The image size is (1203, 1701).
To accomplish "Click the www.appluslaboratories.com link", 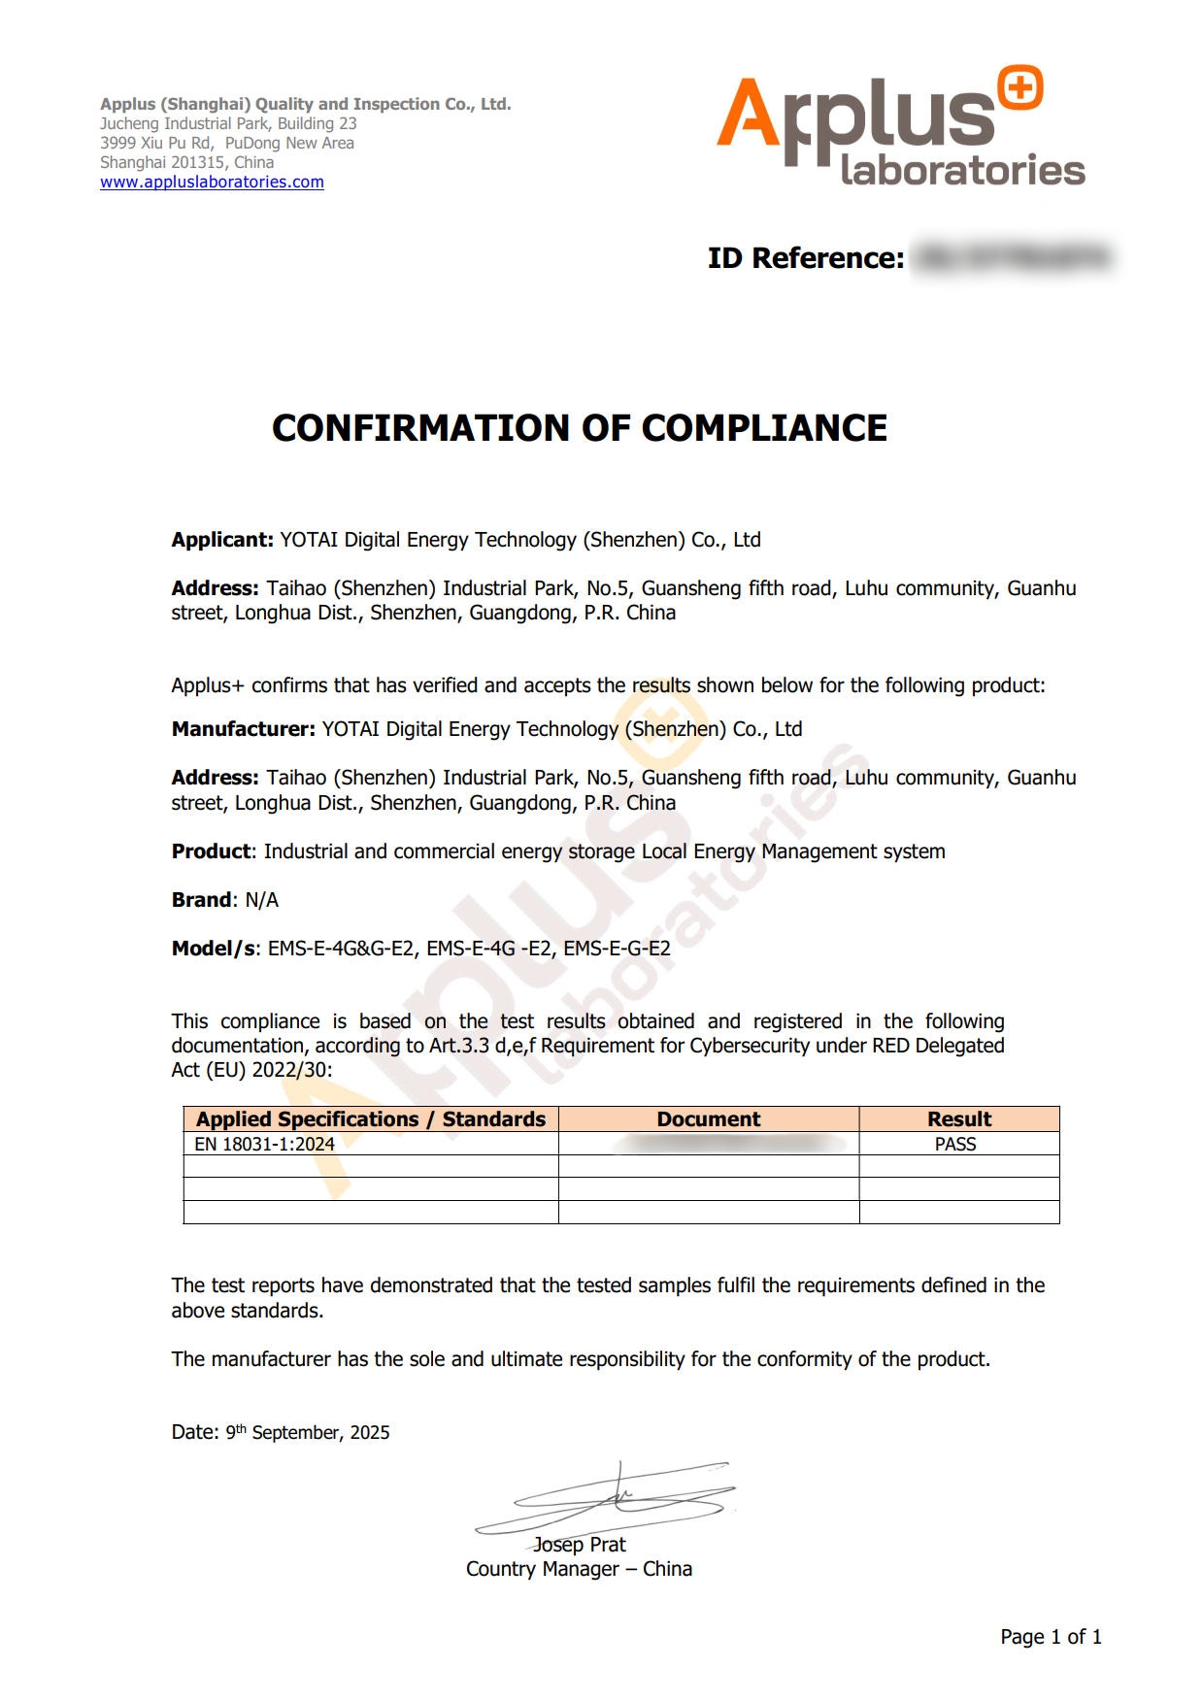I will (x=212, y=182).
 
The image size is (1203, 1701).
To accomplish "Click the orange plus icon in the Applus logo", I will (x=1019, y=89).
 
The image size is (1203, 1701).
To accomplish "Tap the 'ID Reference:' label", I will (x=806, y=258).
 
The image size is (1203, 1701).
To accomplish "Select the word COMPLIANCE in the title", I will (x=764, y=428).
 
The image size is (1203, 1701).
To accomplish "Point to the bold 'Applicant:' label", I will (x=222, y=540).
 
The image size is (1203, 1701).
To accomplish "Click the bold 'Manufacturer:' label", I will (x=243, y=729).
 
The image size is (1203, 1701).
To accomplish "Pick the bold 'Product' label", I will (x=211, y=851).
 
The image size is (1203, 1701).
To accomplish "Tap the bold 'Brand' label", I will (x=201, y=900).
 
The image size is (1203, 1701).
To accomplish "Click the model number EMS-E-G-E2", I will (x=617, y=949).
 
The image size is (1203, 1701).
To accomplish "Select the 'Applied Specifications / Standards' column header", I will (x=371, y=1119).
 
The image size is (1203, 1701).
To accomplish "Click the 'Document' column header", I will (x=709, y=1119).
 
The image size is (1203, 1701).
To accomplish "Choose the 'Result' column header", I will (x=959, y=1119).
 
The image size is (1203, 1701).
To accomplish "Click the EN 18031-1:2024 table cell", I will (x=264, y=1144).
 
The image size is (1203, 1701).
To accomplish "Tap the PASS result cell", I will (x=955, y=1144).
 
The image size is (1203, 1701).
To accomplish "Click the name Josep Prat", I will (x=580, y=1545).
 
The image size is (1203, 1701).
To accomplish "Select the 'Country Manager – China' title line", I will (x=579, y=1569).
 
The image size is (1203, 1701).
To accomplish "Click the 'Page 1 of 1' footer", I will (x=1051, y=1637).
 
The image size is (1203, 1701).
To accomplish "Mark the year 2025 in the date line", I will (x=370, y=1433).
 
